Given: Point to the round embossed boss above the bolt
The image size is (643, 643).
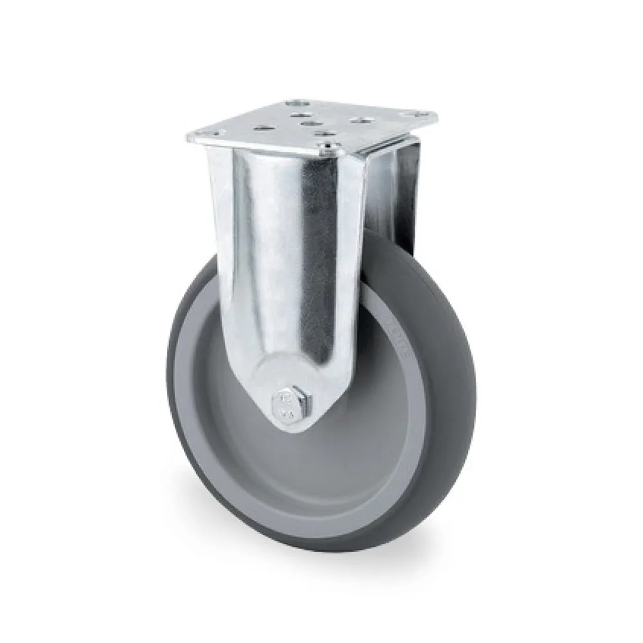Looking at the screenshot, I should (276, 373).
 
